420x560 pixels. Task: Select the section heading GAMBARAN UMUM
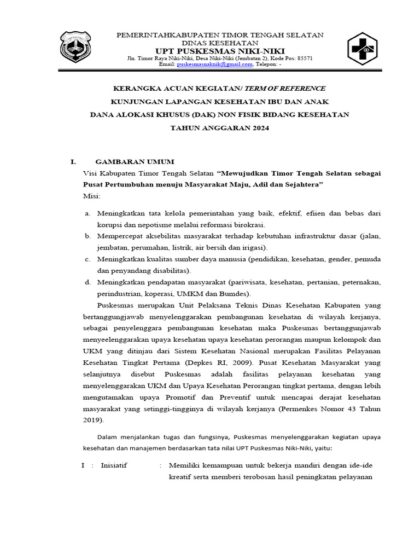135,162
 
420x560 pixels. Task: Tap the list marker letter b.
87,236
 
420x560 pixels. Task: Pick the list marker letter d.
87,282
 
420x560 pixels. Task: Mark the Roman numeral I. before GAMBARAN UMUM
73,162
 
